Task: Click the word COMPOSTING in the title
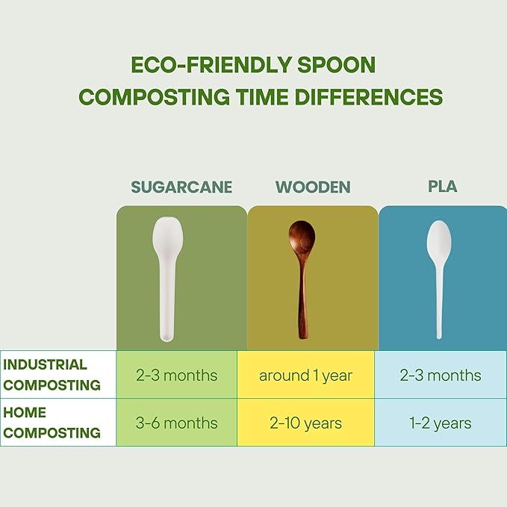154,97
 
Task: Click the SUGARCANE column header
181,187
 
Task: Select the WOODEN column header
312,187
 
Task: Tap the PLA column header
443,187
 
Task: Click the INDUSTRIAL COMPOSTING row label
52,375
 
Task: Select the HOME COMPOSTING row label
52,423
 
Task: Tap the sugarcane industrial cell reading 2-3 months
176,375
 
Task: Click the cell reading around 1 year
305,375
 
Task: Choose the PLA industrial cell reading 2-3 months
441,375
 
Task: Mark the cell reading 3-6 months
176,423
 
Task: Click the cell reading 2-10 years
305,423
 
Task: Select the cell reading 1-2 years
441,423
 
